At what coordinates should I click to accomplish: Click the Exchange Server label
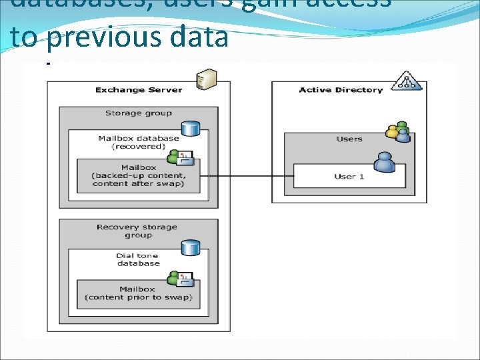tap(138, 89)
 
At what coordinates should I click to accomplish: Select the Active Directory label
tap(341, 89)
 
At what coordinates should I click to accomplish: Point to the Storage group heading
tap(138, 113)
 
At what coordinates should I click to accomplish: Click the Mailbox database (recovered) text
tap(138, 142)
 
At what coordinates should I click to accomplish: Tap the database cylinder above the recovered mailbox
tap(191, 128)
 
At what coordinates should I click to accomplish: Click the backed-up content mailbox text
tap(138, 175)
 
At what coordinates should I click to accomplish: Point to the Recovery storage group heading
tap(137, 231)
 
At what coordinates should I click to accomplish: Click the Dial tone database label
tap(138, 259)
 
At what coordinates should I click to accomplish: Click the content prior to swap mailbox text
tap(138, 293)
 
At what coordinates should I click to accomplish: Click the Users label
tap(349, 139)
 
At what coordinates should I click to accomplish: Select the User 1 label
tap(349, 176)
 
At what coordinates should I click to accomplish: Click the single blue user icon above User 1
tap(384, 162)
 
